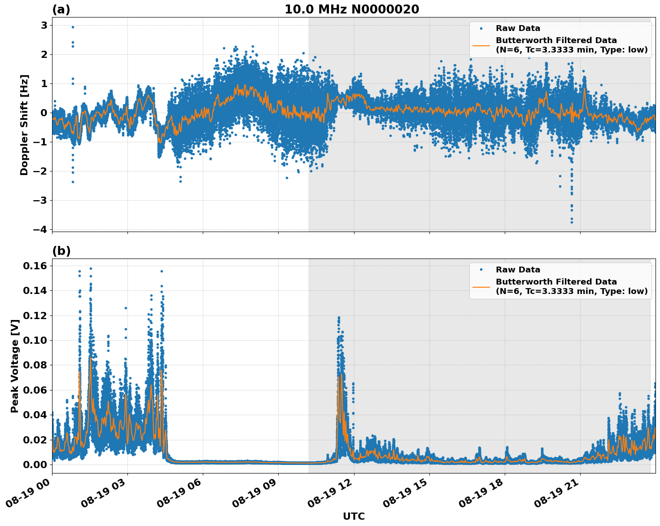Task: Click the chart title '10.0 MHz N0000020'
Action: [351, 9]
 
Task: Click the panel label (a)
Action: [61, 9]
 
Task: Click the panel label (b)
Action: [61, 251]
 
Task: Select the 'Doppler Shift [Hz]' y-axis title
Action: [24, 125]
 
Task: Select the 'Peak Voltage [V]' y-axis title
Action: [15, 366]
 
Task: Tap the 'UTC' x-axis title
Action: [354, 516]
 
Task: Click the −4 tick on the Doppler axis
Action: [40, 229]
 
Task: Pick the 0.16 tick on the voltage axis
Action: [35, 266]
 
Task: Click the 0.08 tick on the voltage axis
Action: [35, 365]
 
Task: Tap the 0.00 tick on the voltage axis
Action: [35, 465]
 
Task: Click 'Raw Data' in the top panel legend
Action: [518, 28]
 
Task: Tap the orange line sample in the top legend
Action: [481, 45]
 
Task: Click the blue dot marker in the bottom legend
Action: [481, 270]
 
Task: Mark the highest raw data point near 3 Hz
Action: [73, 27]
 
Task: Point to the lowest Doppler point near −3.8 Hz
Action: [572, 222]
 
